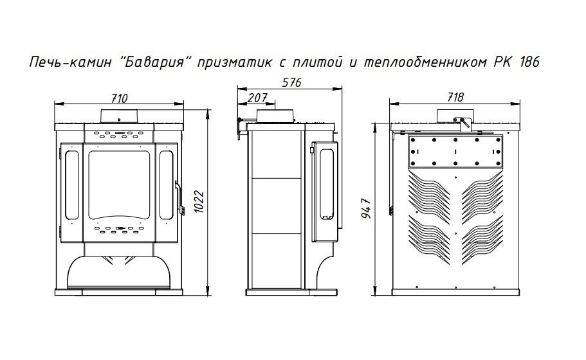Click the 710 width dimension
point(119,98)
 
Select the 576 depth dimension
point(292,82)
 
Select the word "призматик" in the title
point(230,63)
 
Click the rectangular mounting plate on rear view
point(455,150)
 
